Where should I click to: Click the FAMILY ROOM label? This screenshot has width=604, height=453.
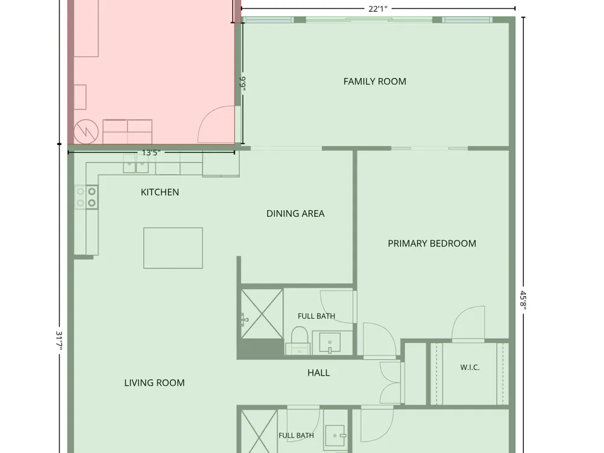click(x=374, y=82)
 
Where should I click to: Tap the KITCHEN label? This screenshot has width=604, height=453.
click(x=159, y=192)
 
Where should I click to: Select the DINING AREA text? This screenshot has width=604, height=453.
click(x=295, y=213)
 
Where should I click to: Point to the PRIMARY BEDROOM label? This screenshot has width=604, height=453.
click(x=432, y=243)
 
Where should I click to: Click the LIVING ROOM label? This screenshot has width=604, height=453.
click(x=155, y=383)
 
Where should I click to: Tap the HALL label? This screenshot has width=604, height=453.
click(x=318, y=373)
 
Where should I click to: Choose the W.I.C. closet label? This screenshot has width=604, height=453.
click(x=470, y=367)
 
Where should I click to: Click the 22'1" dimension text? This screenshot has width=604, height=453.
click(x=378, y=9)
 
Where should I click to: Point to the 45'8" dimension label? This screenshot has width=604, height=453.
click(x=523, y=300)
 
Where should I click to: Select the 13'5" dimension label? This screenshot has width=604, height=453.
click(x=151, y=153)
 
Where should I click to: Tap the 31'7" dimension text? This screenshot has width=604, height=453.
click(x=60, y=341)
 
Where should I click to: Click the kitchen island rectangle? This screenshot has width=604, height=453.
click(x=173, y=248)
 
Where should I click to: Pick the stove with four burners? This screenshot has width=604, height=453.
click(x=86, y=197)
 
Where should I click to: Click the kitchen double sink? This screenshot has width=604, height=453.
click(x=136, y=166)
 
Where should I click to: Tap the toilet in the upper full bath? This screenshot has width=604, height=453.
click(x=300, y=339)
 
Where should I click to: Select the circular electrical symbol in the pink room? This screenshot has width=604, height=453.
click(x=86, y=132)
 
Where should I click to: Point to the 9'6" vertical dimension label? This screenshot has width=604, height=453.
click(x=243, y=84)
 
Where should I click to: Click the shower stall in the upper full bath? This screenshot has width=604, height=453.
click(x=262, y=314)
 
